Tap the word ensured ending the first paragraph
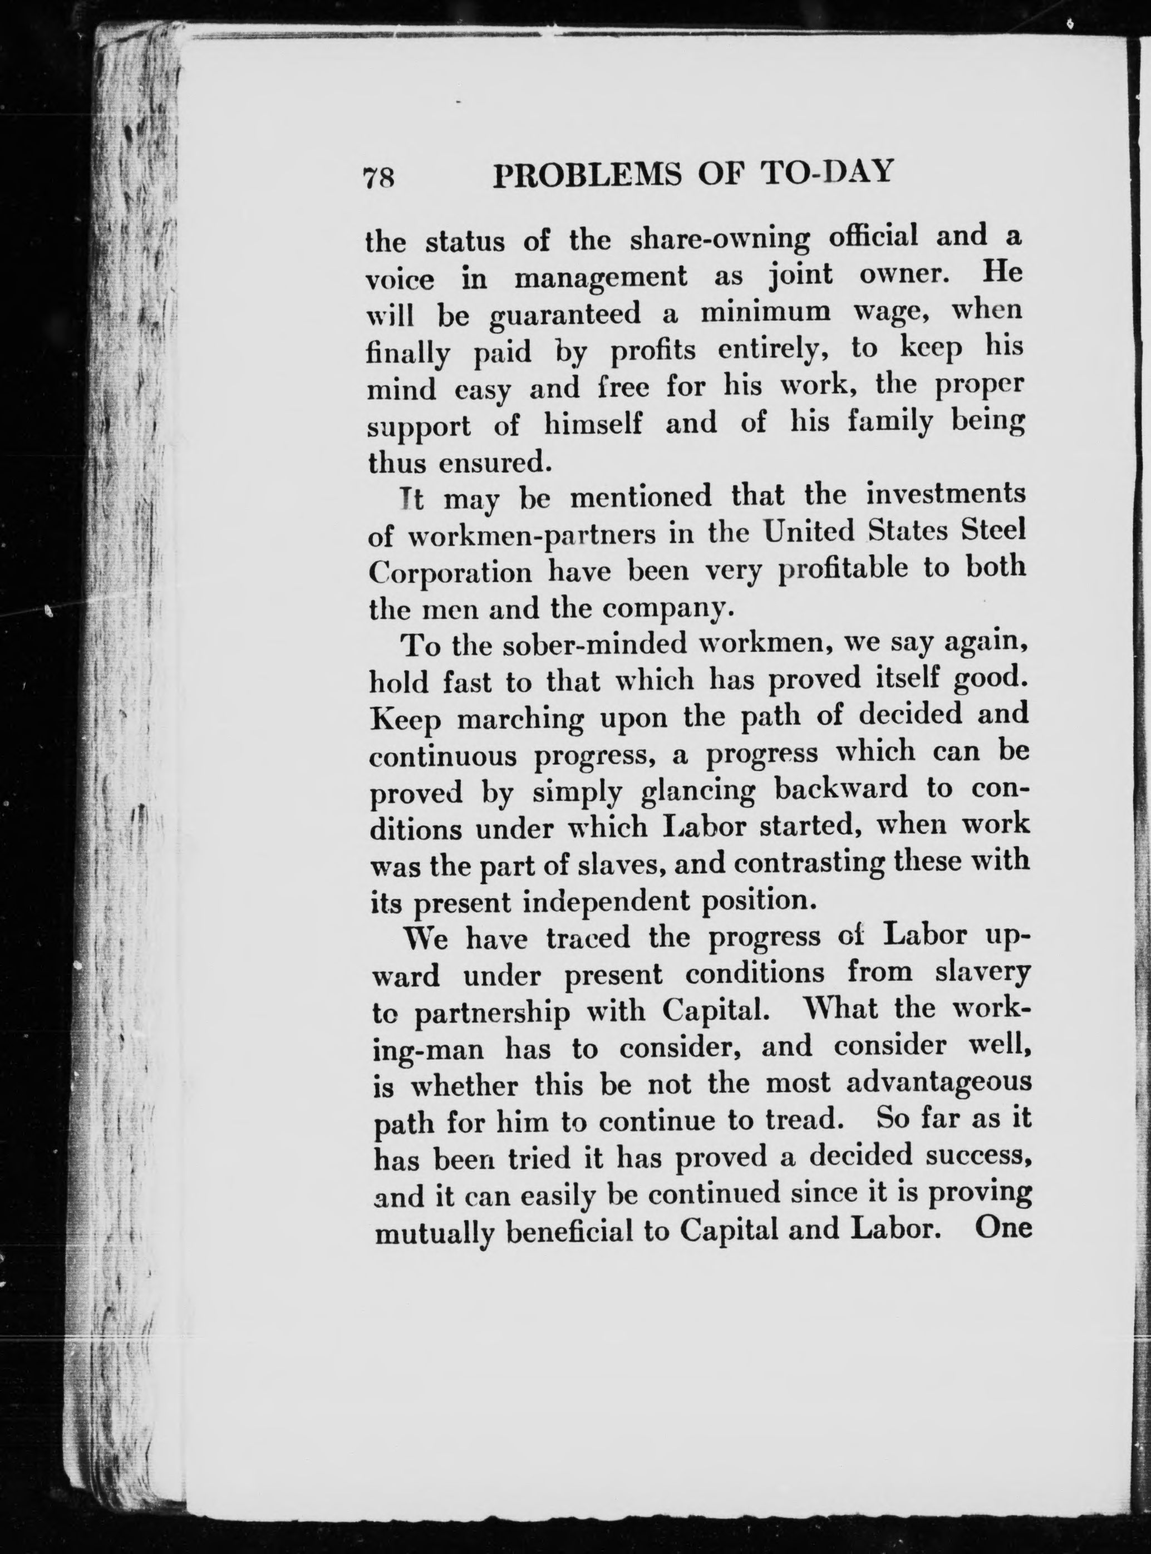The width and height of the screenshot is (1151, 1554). (495, 463)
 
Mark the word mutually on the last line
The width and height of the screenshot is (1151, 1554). (432, 1235)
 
